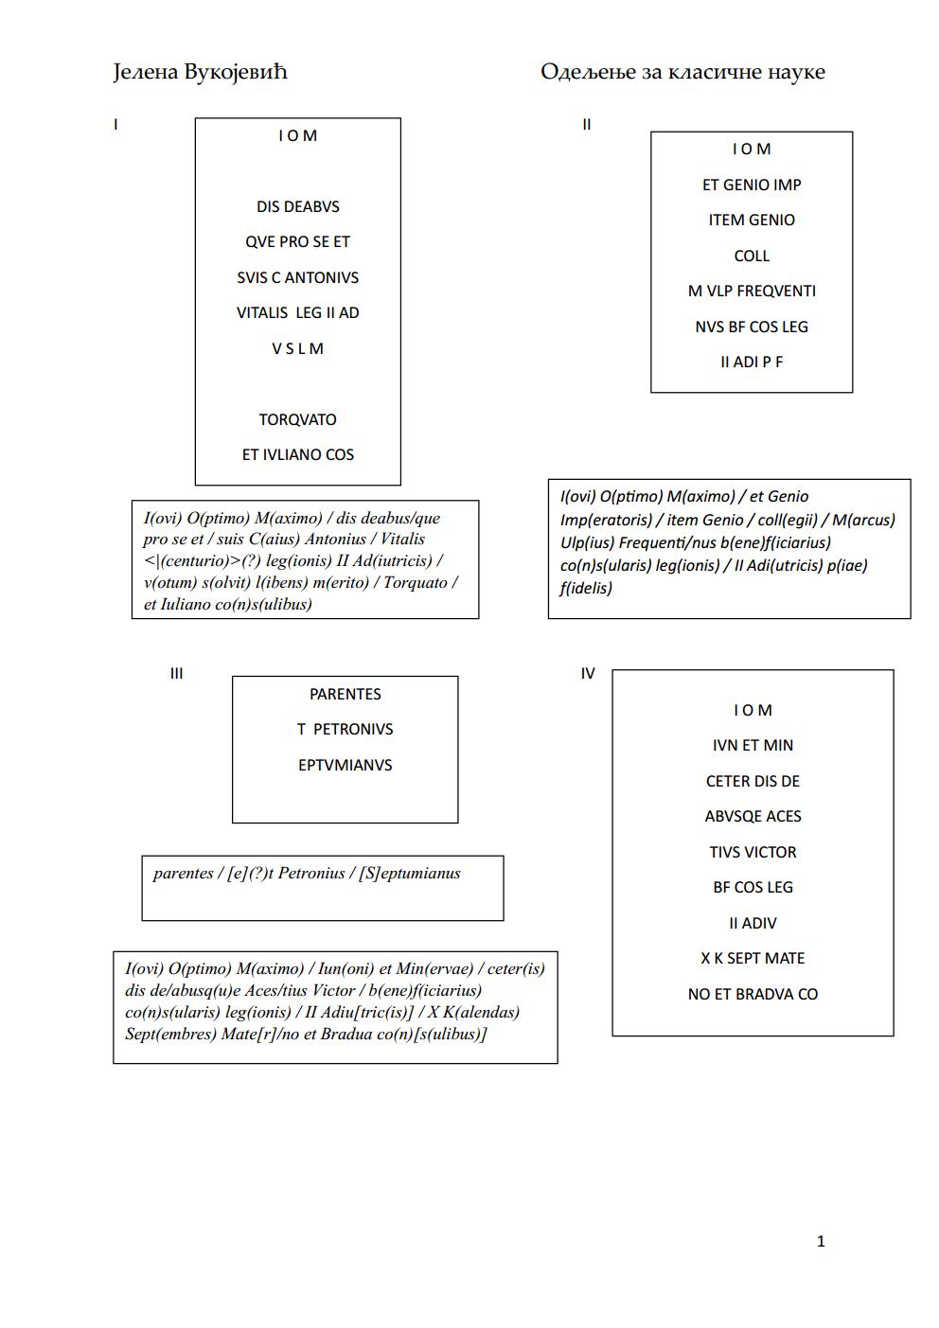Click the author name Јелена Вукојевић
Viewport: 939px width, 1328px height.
click(201, 72)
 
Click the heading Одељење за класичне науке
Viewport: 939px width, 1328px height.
click(682, 72)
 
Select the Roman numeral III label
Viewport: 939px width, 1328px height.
click(176, 674)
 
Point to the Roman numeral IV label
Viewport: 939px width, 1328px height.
click(588, 674)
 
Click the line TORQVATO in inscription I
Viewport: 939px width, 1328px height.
click(297, 419)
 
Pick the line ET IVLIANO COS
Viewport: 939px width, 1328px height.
click(297, 454)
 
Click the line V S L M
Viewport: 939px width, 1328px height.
click(297, 348)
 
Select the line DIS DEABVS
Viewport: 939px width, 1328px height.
click(297, 207)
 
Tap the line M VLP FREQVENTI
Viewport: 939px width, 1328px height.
click(752, 292)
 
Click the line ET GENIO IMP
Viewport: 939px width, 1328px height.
click(752, 185)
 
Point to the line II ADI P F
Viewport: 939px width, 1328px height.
click(752, 362)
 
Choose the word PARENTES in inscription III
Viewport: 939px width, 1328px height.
click(345, 694)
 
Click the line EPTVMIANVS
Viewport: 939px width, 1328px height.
click(345, 766)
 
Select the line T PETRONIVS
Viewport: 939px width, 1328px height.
click(345, 729)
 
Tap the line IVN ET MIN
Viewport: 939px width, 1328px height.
click(753, 745)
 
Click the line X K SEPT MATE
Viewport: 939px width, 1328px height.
click(753, 958)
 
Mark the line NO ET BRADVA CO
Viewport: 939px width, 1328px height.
click(753, 994)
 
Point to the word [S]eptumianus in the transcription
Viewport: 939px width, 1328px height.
click(410, 874)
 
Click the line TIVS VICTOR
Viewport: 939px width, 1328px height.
click(753, 852)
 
